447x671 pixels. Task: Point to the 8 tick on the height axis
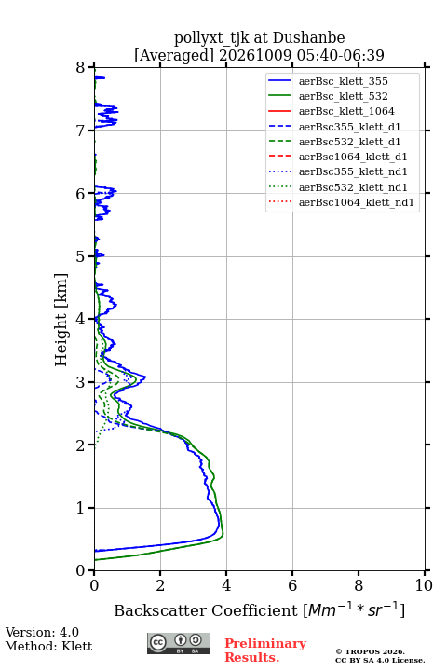[91, 67]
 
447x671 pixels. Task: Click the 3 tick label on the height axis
[80, 382]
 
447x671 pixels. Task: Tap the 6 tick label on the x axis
[292, 585]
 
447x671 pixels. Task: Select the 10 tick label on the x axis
[424, 585]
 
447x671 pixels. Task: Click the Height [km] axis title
[61, 320]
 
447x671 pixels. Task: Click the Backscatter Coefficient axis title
[259, 609]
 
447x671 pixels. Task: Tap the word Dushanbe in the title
[308, 38]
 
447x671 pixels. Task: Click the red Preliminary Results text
[265, 650]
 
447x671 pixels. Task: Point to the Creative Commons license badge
[179, 643]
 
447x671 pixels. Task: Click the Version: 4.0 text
[42, 632]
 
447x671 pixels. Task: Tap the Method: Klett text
[48, 646]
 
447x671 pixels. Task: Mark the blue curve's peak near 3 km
[145, 377]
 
